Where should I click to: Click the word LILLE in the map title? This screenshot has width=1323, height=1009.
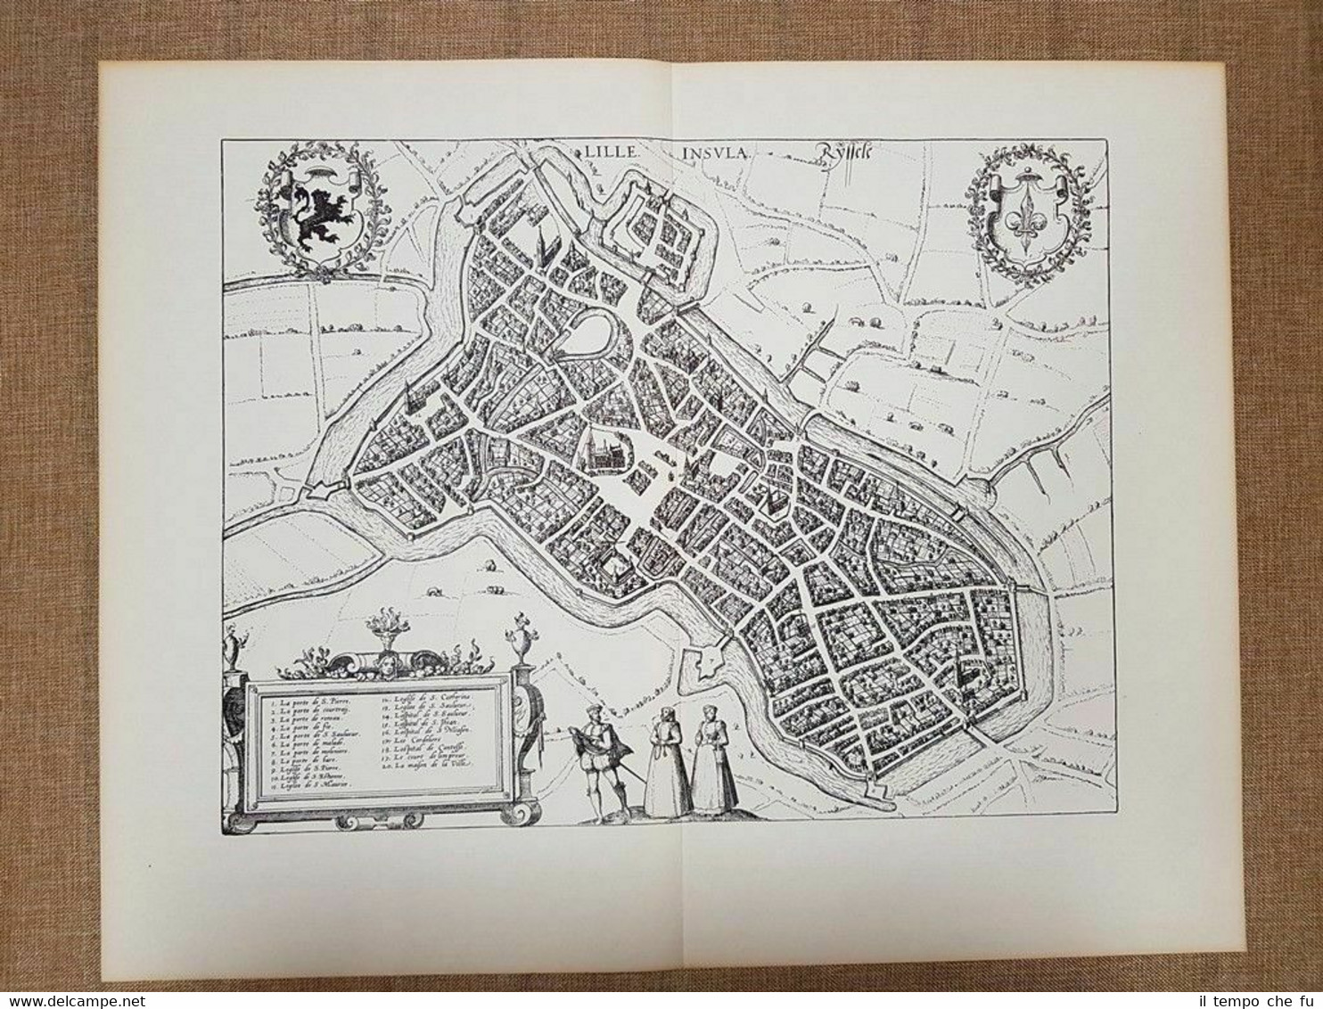(613, 152)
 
